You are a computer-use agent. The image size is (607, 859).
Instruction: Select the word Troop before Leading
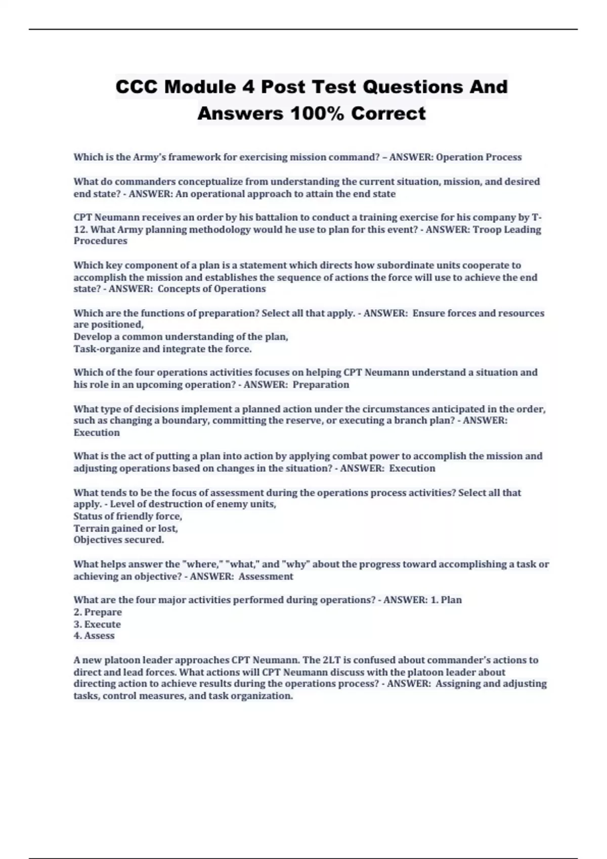point(488,230)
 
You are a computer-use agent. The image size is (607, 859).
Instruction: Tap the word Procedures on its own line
point(100,241)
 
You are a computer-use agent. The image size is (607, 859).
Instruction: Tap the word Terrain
point(90,529)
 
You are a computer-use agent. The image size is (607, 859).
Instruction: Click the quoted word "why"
point(296,564)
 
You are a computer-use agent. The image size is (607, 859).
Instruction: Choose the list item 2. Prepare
point(98,612)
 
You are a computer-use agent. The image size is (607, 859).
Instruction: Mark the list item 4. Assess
point(94,636)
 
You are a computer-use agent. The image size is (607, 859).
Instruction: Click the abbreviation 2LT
point(331,660)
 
